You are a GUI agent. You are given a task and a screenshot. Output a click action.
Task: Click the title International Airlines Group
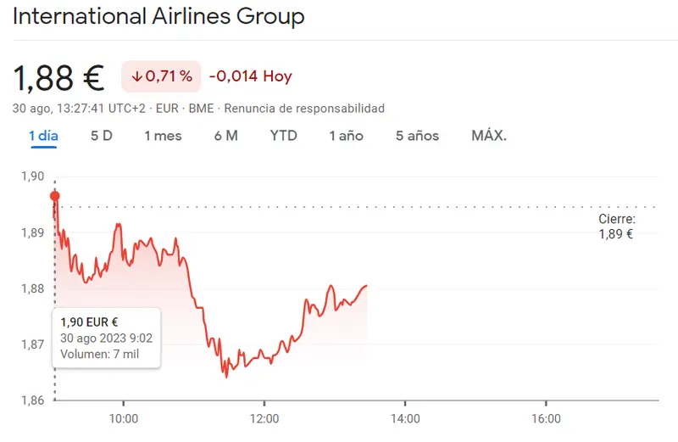pyautogui.click(x=158, y=16)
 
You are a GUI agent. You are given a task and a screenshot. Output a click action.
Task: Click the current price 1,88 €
pyautogui.click(x=58, y=77)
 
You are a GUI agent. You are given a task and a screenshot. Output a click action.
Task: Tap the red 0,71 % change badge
pyautogui.click(x=161, y=76)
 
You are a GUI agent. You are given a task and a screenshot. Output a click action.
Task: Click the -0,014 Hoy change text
pyautogui.click(x=250, y=76)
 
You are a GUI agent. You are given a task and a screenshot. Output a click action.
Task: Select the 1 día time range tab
pyautogui.click(x=43, y=136)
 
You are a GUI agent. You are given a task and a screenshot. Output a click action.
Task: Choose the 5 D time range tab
pyautogui.click(x=102, y=136)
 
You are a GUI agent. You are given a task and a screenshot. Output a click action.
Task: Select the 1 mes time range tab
pyautogui.click(x=163, y=136)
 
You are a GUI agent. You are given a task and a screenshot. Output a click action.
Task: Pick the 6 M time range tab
pyautogui.click(x=225, y=136)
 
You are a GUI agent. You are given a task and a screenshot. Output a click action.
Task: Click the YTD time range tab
pyautogui.click(x=283, y=136)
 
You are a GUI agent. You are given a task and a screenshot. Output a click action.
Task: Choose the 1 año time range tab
pyautogui.click(x=346, y=136)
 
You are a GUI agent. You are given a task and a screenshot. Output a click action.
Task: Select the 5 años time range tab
pyautogui.click(x=417, y=136)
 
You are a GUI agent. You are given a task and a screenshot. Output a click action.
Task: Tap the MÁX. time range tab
pyautogui.click(x=489, y=136)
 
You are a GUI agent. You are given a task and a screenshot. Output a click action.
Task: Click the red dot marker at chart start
pyautogui.click(x=55, y=196)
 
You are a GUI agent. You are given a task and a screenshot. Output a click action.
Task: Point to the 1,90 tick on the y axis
pyautogui.click(x=31, y=176)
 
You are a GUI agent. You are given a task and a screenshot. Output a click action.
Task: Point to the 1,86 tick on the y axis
pyautogui.click(x=31, y=400)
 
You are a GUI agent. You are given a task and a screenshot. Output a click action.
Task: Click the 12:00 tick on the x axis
pyautogui.click(x=264, y=419)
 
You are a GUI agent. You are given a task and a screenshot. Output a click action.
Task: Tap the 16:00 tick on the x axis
pyautogui.click(x=546, y=419)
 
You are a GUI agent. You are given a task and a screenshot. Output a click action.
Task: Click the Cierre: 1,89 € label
pyautogui.click(x=616, y=227)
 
